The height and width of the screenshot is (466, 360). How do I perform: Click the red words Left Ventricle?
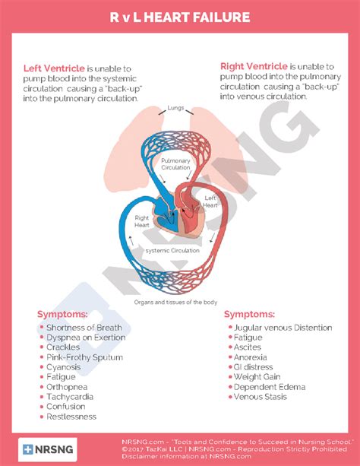tap(54, 68)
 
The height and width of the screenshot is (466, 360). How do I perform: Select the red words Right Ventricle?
tap(254, 65)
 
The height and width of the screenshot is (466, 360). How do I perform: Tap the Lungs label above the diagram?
tap(176, 107)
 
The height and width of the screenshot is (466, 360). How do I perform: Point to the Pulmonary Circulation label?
tap(176, 163)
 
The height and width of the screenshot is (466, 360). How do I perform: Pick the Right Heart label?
tap(142, 221)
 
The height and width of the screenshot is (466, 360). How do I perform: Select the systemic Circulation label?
tap(173, 250)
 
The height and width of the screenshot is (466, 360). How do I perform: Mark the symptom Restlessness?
tap(71, 417)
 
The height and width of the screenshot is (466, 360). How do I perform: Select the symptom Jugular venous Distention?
tap(283, 328)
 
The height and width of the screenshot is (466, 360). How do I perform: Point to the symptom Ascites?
tap(247, 347)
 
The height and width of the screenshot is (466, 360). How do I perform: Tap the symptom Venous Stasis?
tap(259, 397)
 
